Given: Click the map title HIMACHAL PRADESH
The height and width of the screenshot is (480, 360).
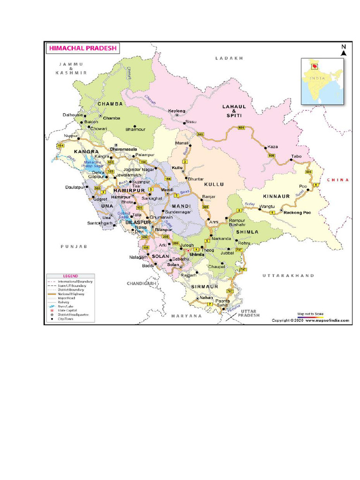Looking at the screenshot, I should coord(82,48).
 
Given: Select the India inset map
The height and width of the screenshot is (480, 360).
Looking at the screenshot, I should coord(322,80).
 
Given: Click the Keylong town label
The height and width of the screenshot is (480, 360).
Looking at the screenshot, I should coord(177,111).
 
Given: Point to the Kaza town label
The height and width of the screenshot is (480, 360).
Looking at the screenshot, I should coord(272,147).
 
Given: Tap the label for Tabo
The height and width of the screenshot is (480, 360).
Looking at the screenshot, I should coord(296,156).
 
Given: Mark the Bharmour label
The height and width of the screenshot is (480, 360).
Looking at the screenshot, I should coord(123,129).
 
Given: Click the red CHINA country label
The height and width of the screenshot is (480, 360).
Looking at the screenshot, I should coord(338,180).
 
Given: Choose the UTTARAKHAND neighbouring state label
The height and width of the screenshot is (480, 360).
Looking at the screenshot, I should coord(288,276).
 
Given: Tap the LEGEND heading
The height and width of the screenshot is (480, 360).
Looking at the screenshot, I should coord(70,276).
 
